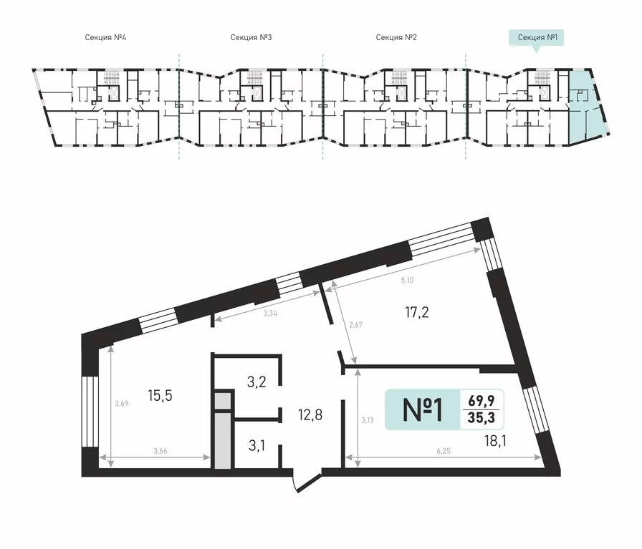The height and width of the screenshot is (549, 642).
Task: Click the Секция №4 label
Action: pos(105,38)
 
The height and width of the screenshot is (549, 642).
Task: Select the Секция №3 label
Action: pos(251,38)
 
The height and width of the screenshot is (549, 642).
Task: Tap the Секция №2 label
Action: pos(396,38)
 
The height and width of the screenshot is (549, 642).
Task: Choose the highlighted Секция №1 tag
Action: pos(537,38)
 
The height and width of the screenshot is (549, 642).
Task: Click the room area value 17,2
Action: pos(417,313)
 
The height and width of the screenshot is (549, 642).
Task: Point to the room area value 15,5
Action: pos(160,396)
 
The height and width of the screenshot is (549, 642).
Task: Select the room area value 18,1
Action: pos(495,442)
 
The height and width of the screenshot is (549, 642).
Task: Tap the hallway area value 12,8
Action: pos(310,415)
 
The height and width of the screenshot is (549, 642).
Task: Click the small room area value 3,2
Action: pos(257,382)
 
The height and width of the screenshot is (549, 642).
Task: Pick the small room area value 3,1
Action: pos(257,445)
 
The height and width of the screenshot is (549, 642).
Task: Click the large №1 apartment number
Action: pos(423,410)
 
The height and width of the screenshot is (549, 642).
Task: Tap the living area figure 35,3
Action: pos(481,418)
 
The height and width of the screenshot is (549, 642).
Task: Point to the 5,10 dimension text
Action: pos(407,281)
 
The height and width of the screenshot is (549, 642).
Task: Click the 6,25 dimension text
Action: pos(444,451)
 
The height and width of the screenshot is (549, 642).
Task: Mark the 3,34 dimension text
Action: pos(270,314)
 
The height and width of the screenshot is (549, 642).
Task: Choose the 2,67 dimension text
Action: pos(356,325)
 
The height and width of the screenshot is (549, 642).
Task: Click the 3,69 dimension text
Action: pos(122,404)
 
